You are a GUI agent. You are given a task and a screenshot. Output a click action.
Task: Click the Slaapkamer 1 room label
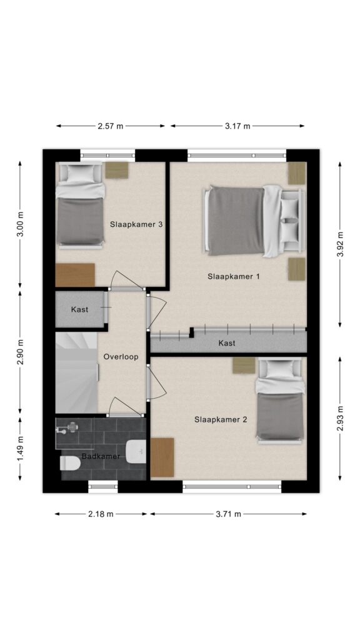[234, 276]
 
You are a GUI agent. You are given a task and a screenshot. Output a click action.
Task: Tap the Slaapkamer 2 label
[221, 419]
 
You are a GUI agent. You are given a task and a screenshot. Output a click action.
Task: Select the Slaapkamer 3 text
[137, 224]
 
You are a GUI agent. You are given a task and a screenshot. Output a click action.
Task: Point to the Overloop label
[121, 357]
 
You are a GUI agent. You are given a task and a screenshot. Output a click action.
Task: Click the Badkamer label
[101, 456]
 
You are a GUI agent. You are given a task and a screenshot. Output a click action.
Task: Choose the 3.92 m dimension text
[340, 244]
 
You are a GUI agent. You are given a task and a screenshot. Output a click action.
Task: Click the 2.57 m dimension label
[110, 126]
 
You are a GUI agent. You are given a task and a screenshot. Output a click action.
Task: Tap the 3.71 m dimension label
[229, 514]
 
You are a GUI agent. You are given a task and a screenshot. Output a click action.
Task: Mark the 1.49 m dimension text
[21, 448]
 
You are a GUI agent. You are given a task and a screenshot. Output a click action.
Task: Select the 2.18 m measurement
[101, 514]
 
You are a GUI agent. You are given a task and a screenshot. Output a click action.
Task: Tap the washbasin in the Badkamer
[136, 452]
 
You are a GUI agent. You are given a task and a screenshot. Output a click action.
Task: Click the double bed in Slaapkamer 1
[254, 221]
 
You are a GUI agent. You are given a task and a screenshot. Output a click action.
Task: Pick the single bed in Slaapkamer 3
[79, 205]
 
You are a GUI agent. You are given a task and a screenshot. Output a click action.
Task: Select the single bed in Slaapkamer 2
[280, 401]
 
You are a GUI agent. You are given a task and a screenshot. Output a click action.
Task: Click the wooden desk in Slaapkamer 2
[162, 457]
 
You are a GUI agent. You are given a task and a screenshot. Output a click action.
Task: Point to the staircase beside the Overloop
[77, 372]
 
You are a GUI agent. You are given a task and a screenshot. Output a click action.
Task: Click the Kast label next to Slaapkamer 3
[79, 309]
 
